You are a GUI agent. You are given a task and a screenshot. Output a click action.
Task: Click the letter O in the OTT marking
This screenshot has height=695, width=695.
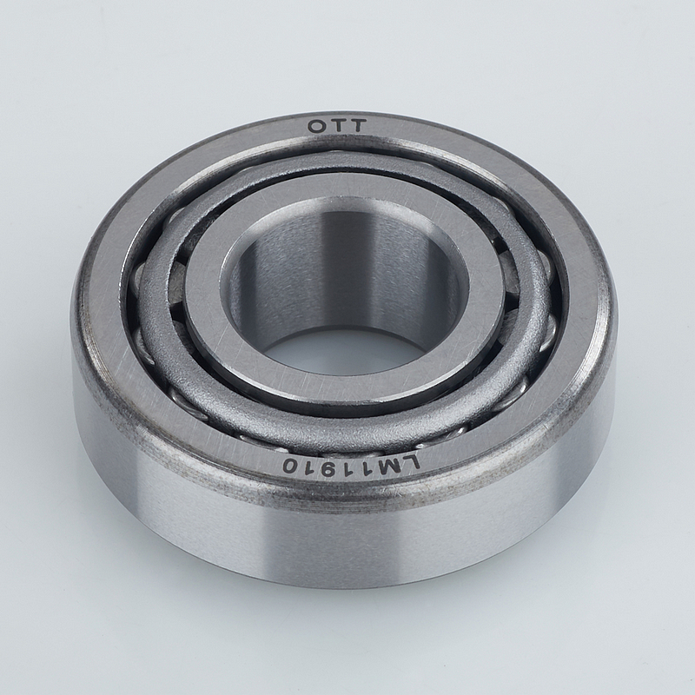(x=316, y=127)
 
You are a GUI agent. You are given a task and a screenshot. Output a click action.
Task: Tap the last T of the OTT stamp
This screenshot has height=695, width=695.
(x=357, y=126)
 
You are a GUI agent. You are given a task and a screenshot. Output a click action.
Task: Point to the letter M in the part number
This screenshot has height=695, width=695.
(x=389, y=469)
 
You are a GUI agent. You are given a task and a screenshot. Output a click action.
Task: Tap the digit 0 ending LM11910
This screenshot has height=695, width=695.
(x=291, y=466)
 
